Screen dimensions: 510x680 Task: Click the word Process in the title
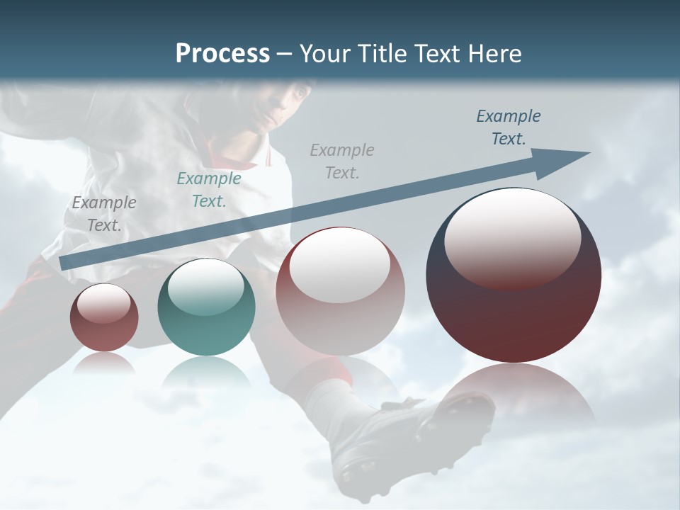222,53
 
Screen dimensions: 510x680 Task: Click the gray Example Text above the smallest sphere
104,213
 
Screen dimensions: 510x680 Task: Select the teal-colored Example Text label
209,189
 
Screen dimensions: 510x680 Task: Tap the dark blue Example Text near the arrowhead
509,127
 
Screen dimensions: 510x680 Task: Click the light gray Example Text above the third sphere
342,161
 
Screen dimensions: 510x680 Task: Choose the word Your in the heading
323,53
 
